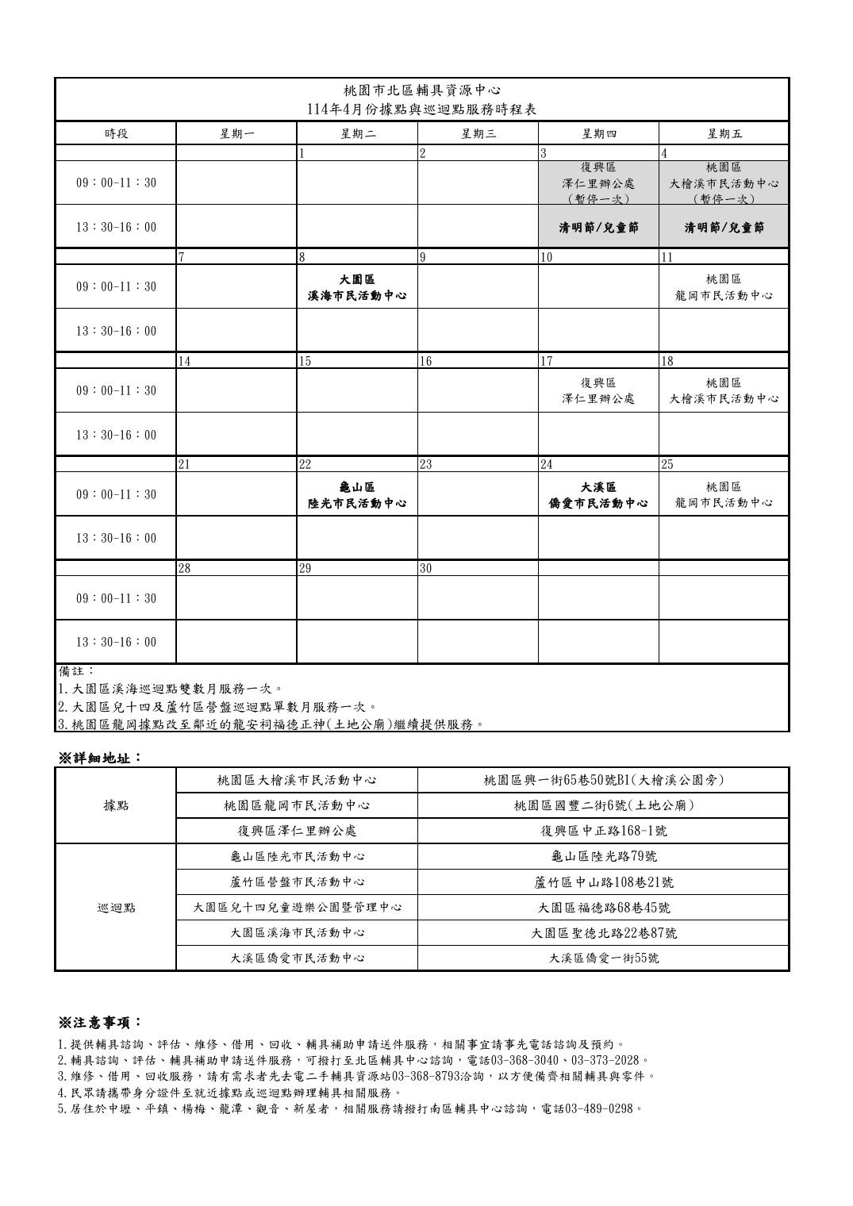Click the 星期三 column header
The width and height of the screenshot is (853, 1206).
pos(478,133)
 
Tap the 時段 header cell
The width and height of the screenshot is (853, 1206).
pos(116,133)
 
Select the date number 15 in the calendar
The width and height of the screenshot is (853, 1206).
pos(306,361)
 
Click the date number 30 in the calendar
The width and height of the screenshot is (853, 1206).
pos(427,568)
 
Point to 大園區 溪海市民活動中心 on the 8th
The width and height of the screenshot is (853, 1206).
pos(357,287)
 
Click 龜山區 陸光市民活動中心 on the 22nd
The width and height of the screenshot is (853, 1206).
pos(357,494)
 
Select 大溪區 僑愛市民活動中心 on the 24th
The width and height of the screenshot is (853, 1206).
pos(598,494)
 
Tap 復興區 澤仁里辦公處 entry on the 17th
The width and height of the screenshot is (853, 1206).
pos(598,390)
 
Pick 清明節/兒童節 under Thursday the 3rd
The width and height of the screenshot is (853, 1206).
pos(598,228)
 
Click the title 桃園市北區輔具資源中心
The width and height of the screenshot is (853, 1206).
pos(422,90)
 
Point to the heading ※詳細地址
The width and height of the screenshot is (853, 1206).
pos(100,757)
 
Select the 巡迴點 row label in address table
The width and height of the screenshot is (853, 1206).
pos(116,908)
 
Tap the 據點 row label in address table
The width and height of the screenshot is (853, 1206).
pos(116,805)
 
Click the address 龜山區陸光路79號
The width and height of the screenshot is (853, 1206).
pos(603,857)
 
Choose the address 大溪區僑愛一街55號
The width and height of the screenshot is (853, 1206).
pos(603,958)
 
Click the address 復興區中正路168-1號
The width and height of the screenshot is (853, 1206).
pos(603,832)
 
